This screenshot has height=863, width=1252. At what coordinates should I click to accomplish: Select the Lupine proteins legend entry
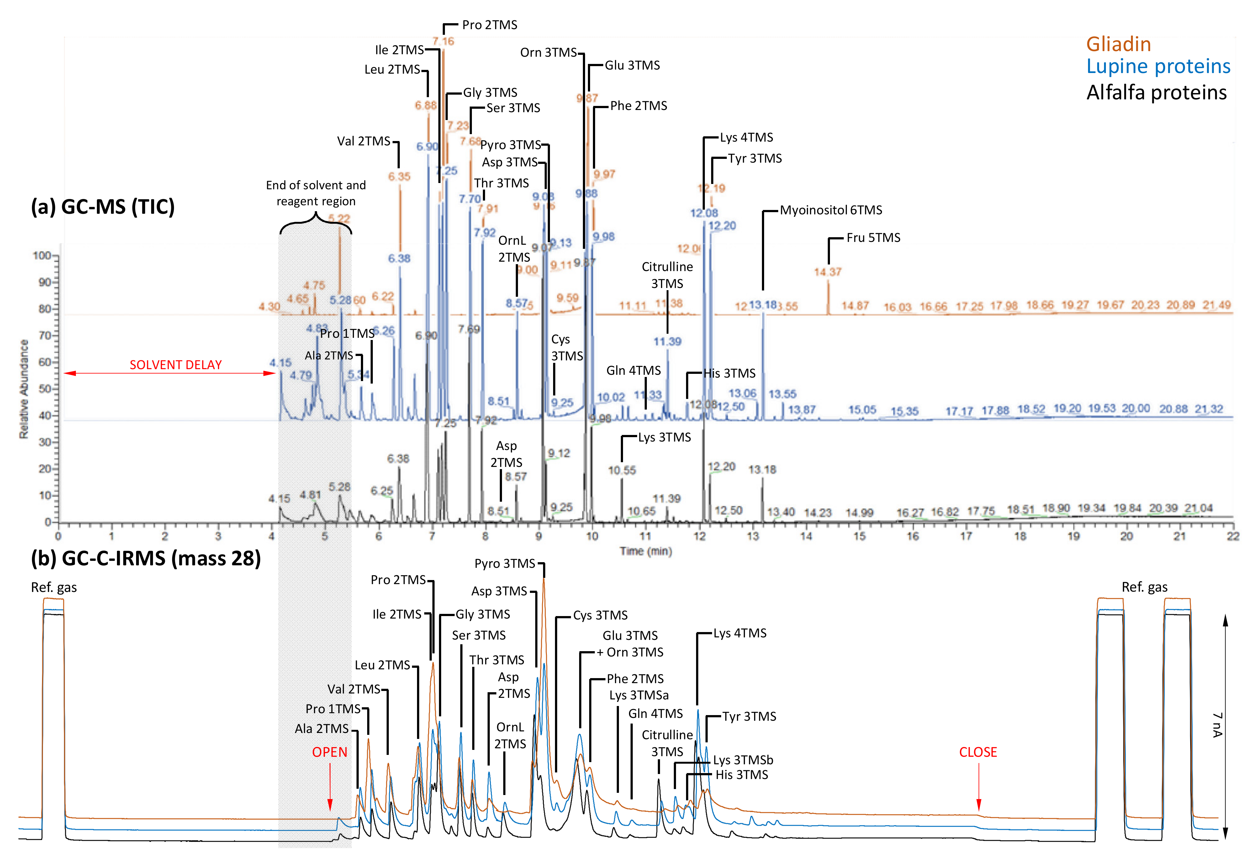1158,66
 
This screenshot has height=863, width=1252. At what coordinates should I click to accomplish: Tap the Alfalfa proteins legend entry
1156,92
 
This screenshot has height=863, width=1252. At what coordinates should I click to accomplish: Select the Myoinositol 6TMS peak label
831,210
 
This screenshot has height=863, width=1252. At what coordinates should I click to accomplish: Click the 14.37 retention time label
827,272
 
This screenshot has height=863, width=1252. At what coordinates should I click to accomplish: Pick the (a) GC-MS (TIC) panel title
103,207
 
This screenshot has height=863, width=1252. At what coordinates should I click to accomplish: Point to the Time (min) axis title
646,551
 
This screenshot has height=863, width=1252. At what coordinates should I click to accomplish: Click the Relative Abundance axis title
24,389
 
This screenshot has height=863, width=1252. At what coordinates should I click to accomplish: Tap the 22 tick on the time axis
1233,536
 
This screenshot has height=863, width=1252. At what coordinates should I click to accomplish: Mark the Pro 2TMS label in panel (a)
489,25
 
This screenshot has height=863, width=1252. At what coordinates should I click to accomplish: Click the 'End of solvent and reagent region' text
316,193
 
